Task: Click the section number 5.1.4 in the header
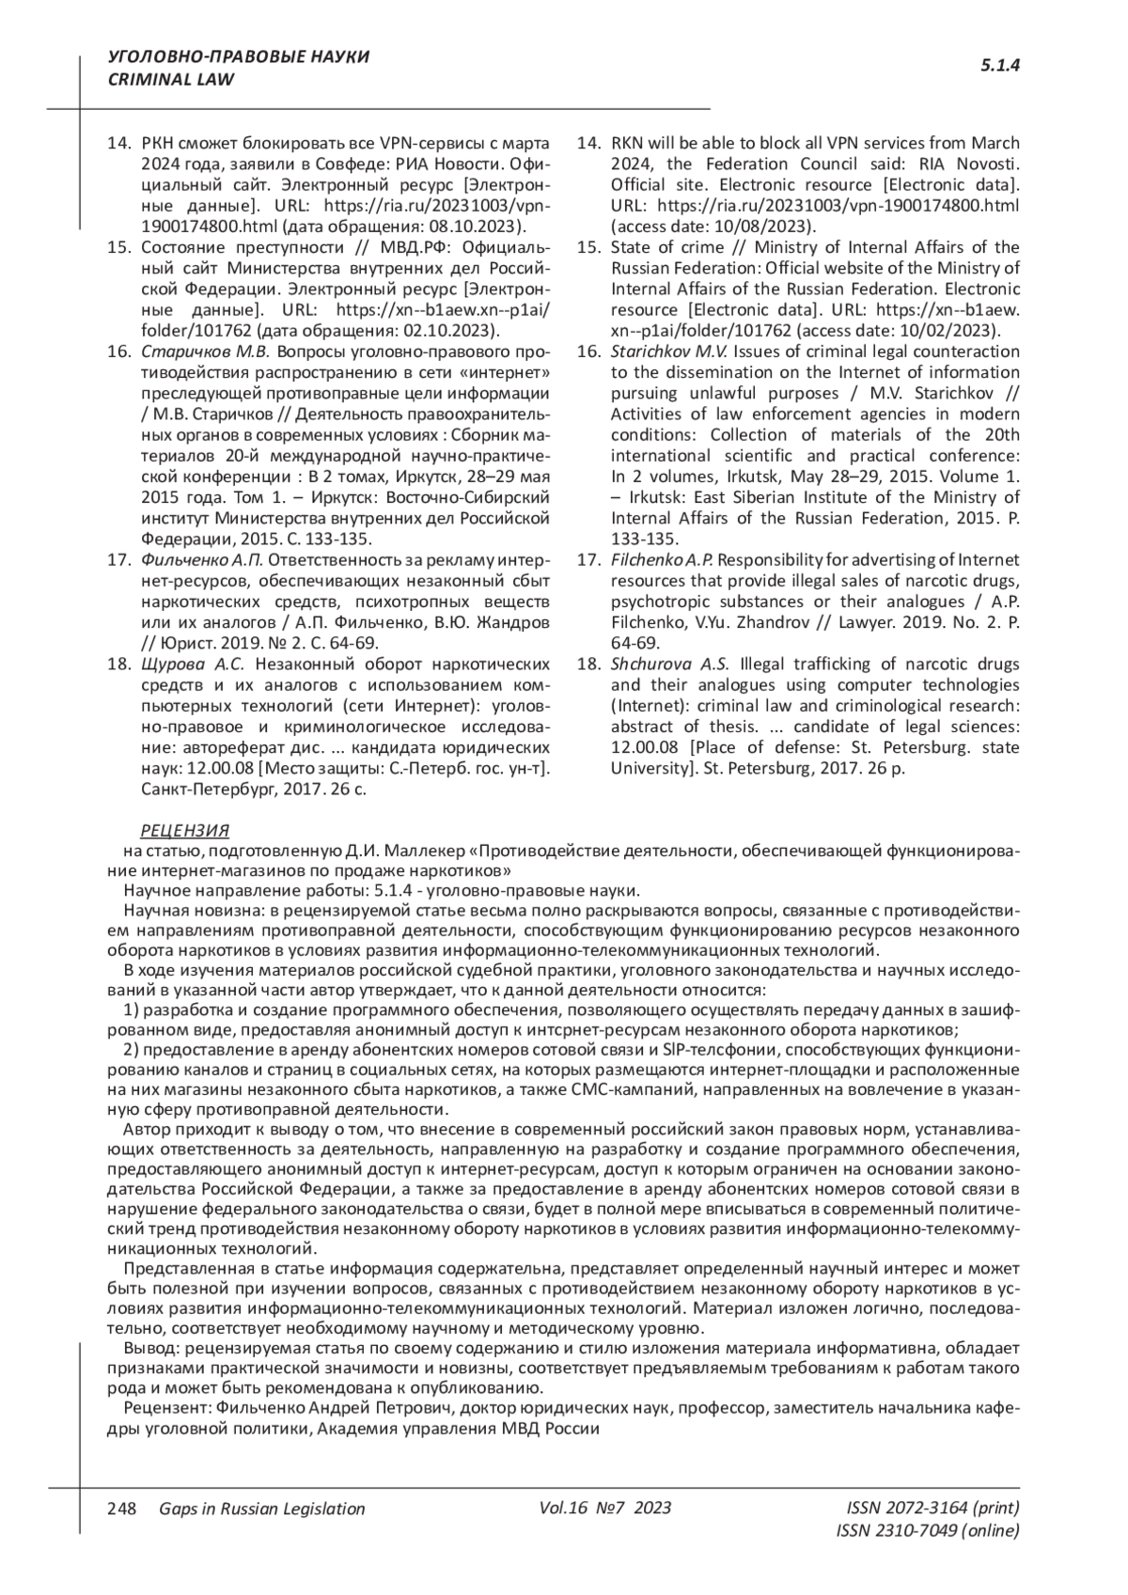[x=1000, y=66]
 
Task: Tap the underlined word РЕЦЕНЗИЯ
[x=184, y=831]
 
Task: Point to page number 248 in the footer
[x=122, y=1509]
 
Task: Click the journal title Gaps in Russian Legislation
[x=262, y=1509]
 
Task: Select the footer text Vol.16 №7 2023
[x=606, y=1508]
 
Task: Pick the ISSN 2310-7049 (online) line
[x=927, y=1530]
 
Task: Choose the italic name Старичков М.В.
[x=205, y=352]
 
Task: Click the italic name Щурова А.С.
[x=192, y=664]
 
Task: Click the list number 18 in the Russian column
[x=118, y=664]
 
